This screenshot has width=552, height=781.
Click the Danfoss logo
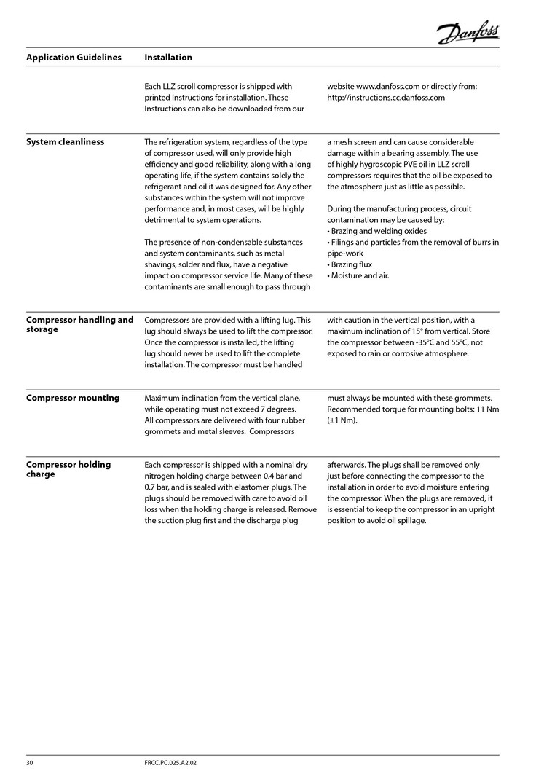[468, 32]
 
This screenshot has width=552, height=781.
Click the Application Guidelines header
[74, 58]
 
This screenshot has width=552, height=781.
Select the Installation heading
[168, 58]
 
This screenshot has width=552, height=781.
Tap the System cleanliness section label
[65, 142]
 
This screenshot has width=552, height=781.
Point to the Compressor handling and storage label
[79, 325]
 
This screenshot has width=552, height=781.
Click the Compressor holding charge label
[68, 469]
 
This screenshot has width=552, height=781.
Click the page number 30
[31, 762]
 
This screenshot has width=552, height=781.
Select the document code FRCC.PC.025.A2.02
[171, 762]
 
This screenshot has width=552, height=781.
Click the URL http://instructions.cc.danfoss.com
[386, 98]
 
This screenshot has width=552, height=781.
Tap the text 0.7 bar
[159, 487]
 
